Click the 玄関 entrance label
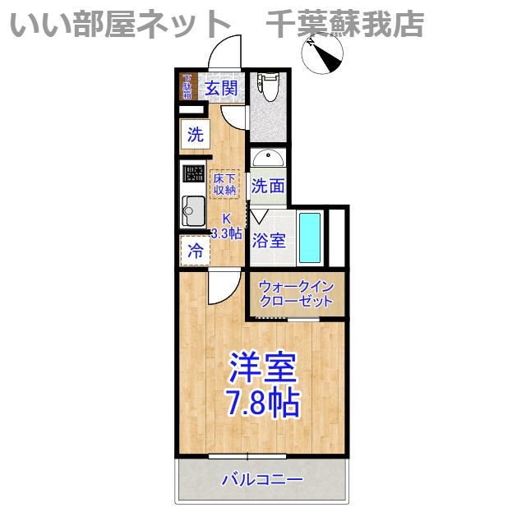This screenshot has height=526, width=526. coord(221,89)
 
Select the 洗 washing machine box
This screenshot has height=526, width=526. coord(195,135)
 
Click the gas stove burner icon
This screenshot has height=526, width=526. coord(194,173)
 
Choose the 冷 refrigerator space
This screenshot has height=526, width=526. coord(195,251)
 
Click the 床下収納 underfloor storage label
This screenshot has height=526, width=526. coord(224,183)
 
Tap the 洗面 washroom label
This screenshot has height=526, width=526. coord(268,187)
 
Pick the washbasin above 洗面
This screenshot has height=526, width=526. coord(268,157)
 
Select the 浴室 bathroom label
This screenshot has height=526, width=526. coord(269,241)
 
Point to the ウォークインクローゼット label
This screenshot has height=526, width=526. coord(296,293)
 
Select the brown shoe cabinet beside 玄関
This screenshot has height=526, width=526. coord(187,87)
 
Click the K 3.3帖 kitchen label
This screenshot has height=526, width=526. coord(226,226)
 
